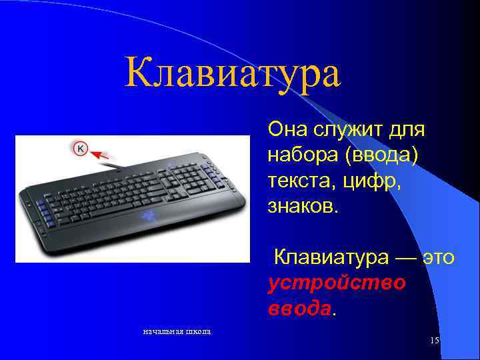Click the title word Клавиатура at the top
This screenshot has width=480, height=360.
point(233,74)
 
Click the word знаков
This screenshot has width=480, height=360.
point(303,205)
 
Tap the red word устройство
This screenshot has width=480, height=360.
point(337,282)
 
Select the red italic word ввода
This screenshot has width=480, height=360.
point(299,308)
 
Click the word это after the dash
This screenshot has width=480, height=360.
point(437,257)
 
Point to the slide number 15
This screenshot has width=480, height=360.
point(435,341)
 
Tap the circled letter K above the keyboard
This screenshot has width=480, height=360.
point(80,148)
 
